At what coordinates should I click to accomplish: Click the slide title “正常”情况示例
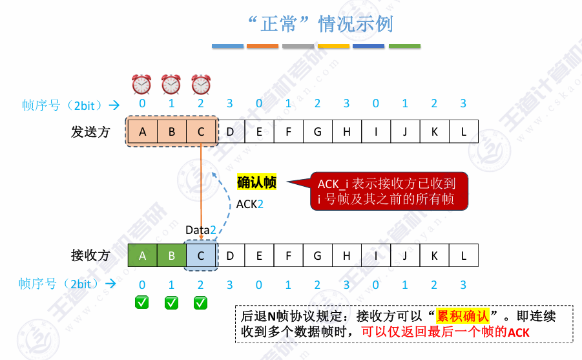pos(320,25)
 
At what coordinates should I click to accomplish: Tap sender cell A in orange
pos(142,132)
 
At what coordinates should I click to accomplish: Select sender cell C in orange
pos(201,132)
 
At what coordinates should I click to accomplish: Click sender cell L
pos(463,132)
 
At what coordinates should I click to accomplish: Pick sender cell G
pos(317,132)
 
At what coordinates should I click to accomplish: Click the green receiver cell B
pos(171,255)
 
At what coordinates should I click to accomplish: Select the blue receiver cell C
pos(201,255)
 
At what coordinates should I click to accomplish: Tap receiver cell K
pos(434,255)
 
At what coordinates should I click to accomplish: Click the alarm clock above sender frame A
pos(141,84)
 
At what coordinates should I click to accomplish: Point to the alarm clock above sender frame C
pos(201,84)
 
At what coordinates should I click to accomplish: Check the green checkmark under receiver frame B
pos(171,302)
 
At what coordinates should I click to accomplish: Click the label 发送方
pos(90,132)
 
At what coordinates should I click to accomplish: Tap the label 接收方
pos(90,255)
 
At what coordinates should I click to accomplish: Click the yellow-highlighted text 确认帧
pos(256,183)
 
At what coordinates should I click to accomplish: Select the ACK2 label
pos(249,204)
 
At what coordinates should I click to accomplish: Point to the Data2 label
pos(200,229)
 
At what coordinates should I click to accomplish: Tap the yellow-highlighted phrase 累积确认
pos(463,317)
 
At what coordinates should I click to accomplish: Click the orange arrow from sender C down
pos(202,187)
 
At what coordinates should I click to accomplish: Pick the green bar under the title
pos(404,47)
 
